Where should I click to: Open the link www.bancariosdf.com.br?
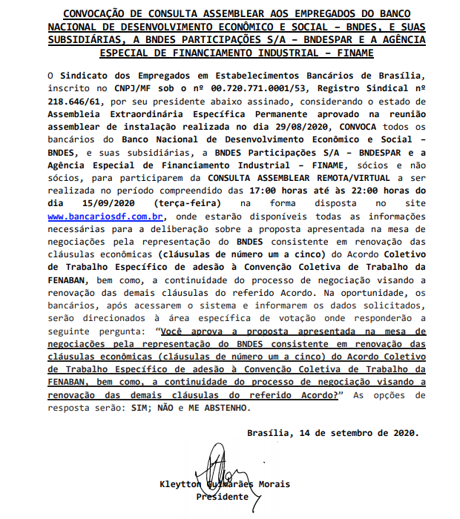105,216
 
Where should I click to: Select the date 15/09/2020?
105,203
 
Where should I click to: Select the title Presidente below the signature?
223,497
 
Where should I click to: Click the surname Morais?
272,484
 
